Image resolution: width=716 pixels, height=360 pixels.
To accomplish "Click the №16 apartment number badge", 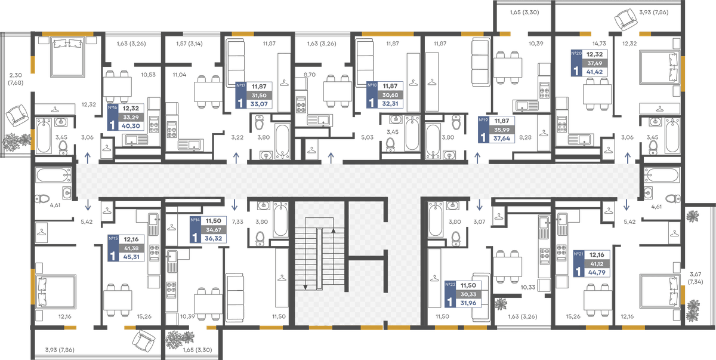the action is point(113,107).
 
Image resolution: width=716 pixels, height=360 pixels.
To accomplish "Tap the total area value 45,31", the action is point(131,257).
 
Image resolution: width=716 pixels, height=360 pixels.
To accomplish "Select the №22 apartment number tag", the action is point(450,285).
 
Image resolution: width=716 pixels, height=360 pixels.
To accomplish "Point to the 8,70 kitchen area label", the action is point(310,75).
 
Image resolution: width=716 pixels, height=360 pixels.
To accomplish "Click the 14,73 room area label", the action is point(598,44).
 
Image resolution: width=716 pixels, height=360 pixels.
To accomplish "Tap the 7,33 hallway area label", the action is point(237,221).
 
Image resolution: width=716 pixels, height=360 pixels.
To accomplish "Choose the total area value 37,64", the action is point(502,139).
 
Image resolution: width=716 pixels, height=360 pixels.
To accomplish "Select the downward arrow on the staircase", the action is point(305,287).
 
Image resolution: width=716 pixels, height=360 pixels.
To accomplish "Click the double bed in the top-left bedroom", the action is point(68,57).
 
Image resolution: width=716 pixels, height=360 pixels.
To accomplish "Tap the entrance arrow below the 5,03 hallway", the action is point(331,158).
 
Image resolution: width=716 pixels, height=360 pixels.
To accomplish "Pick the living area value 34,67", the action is point(214,230).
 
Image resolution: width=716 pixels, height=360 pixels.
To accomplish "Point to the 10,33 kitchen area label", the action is point(527,287).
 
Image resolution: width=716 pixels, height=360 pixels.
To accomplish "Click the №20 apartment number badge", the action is point(576,53).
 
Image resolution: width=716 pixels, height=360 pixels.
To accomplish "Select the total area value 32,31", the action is point(390,104).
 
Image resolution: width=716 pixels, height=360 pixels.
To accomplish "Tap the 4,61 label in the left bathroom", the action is point(55,205).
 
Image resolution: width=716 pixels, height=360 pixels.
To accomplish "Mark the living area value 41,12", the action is point(597,264).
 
